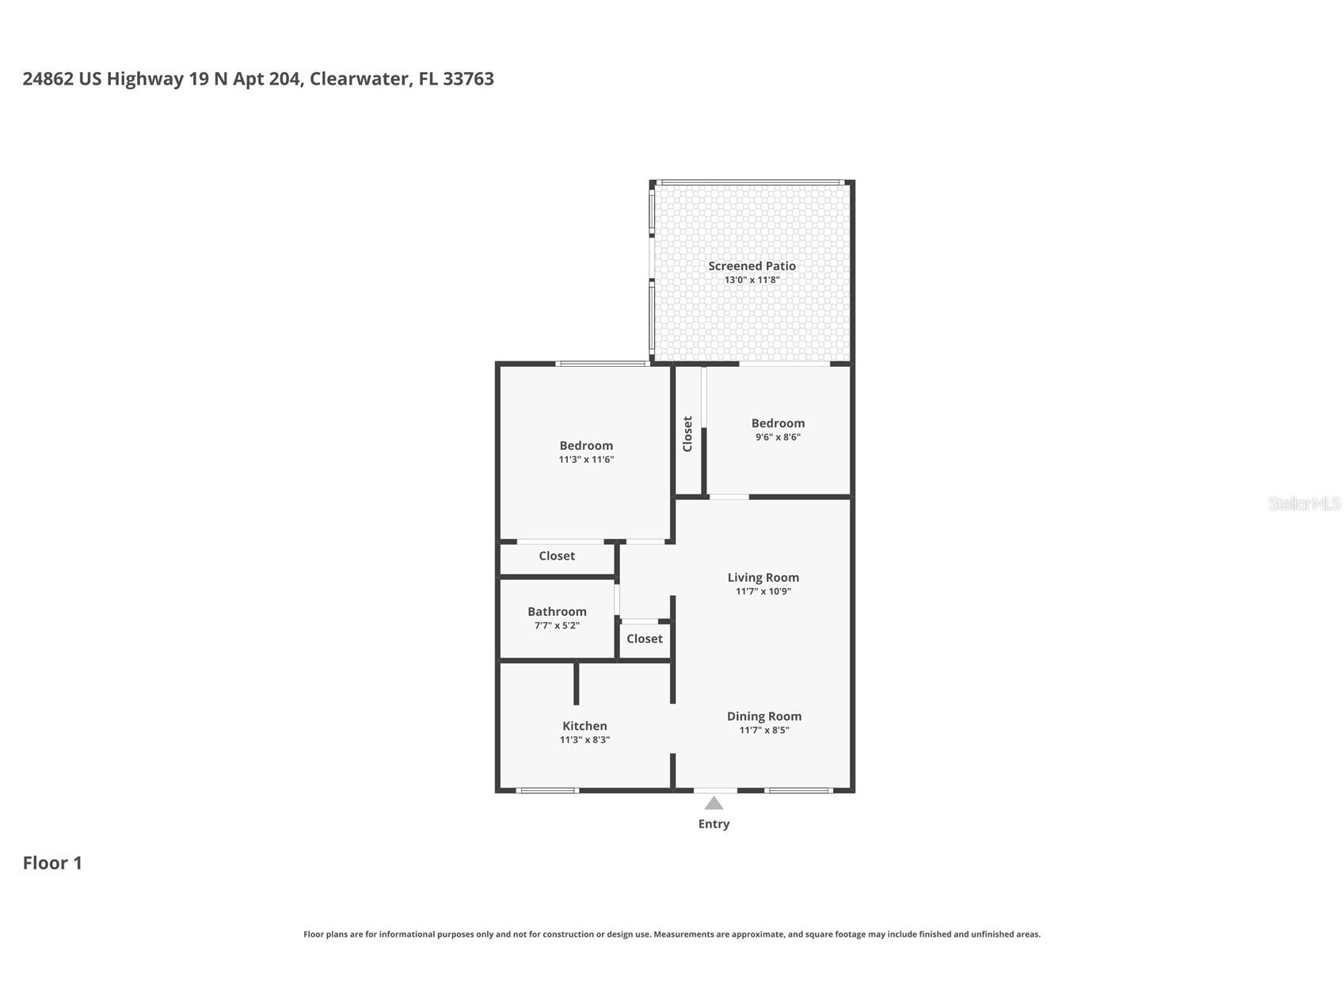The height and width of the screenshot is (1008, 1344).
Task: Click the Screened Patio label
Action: (x=751, y=266)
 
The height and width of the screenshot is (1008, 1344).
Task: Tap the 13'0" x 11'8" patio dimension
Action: (x=751, y=280)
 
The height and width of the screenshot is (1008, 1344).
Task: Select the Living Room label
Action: (x=763, y=578)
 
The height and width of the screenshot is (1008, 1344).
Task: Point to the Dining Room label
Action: (x=763, y=716)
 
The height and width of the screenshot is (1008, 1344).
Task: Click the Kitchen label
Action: (x=584, y=726)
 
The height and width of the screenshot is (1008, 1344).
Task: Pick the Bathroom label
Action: (x=557, y=612)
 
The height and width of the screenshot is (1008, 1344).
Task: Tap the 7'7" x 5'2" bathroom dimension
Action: (x=557, y=625)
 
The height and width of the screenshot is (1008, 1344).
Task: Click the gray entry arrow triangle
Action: (x=714, y=804)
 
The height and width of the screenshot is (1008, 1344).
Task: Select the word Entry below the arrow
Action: (x=714, y=824)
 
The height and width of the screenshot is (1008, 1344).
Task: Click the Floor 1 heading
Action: (x=52, y=863)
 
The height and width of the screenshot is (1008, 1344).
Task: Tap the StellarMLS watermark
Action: (x=1304, y=504)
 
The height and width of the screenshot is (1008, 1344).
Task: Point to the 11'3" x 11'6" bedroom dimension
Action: (x=586, y=460)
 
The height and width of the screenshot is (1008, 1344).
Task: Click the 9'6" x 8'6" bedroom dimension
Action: (x=778, y=437)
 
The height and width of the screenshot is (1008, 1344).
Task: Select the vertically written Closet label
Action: (x=687, y=433)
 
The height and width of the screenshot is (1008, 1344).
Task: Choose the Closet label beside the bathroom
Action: (x=644, y=639)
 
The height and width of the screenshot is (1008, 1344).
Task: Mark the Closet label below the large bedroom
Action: (x=557, y=556)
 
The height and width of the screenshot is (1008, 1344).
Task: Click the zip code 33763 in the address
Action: (x=468, y=78)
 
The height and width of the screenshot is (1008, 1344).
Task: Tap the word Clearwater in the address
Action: (x=360, y=78)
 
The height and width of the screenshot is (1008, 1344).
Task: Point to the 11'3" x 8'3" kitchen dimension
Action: (x=584, y=740)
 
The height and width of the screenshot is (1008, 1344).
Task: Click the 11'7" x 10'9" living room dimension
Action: (x=763, y=591)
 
